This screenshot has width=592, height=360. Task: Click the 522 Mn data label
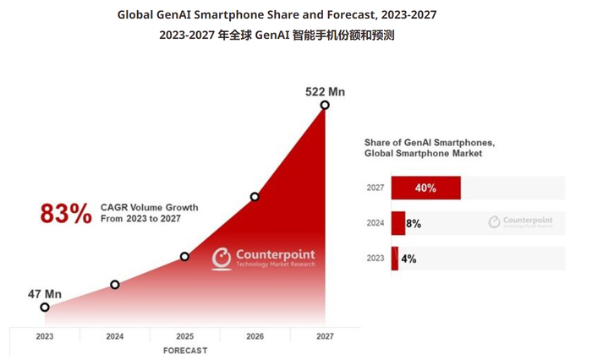pyautogui.click(x=325, y=91)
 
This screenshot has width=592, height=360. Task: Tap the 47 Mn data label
pyautogui.click(x=45, y=294)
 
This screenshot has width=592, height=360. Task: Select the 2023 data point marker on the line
pyautogui.click(x=45, y=308)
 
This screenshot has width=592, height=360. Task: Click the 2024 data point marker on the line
pyautogui.click(x=115, y=285)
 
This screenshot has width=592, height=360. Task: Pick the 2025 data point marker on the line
pyautogui.click(x=184, y=256)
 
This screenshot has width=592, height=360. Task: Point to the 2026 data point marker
pyautogui.click(x=255, y=197)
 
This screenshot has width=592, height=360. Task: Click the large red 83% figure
pyautogui.click(x=66, y=214)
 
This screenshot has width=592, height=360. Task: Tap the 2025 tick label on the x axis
pyautogui.click(x=184, y=335)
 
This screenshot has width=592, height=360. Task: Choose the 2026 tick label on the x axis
pyautogui.click(x=255, y=335)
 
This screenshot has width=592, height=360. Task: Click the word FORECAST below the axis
pyautogui.click(x=184, y=350)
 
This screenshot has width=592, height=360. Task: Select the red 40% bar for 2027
pyautogui.click(x=425, y=188)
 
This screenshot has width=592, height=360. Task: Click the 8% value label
pyautogui.click(x=414, y=224)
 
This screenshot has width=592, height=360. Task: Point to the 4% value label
pyautogui.click(x=408, y=259)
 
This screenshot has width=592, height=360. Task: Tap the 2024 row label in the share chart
pyautogui.click(x=375, y=224)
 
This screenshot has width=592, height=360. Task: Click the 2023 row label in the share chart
pyautogui.click(x=375, y=259)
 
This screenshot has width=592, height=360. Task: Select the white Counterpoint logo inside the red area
pyautogui.click(x=263, y=259)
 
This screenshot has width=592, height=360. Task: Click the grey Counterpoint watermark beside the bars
pyautogui.click(x=521, y=222)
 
